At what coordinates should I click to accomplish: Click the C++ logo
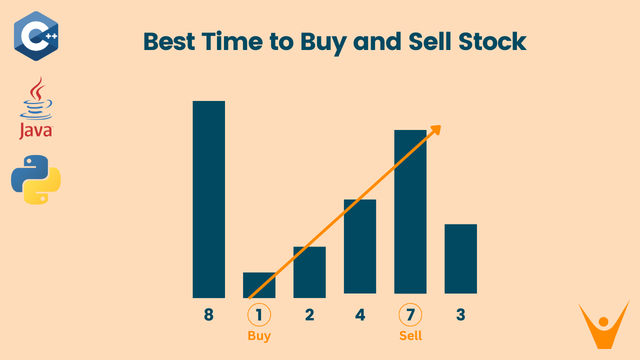[36, 36]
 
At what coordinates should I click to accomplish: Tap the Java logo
[36, 108]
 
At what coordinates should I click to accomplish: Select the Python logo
[36, 179]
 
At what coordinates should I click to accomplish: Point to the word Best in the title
[169, 41]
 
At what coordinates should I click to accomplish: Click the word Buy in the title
[323, 42]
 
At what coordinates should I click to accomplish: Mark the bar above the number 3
[460, 258]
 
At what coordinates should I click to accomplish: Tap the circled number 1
[259, 315]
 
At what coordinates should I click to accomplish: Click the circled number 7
[410, 315]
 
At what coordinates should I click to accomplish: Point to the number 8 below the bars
[208, 315]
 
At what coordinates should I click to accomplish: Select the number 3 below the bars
[460, 315]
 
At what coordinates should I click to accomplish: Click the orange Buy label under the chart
[259, 335]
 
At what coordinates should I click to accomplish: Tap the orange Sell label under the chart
[410, 335]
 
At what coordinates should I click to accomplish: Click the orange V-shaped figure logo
[603, 325]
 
